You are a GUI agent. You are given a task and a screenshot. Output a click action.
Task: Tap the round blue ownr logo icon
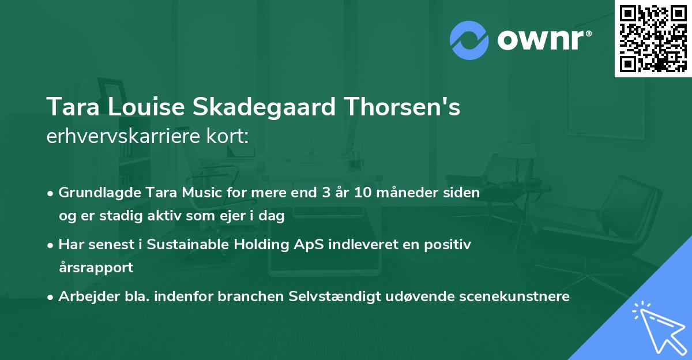pos(469,39)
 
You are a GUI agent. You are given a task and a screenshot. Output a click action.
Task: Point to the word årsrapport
pos(96,267)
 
